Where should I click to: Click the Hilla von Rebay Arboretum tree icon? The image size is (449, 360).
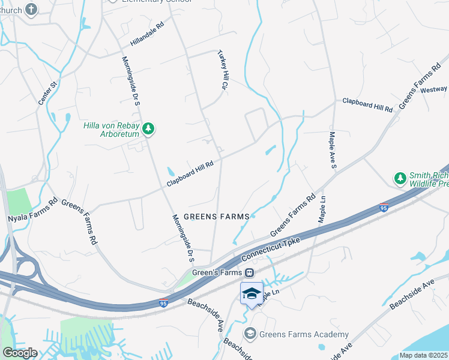click(x=148, y=128)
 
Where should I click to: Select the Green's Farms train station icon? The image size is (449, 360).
click(x=247, y=272)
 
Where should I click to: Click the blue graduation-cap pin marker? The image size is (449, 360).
click(x=252, y=293)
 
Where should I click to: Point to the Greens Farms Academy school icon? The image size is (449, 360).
click(x=250, y=334)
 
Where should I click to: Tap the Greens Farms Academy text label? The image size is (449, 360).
click(x=304, y=334)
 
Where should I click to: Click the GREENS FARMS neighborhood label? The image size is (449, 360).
click(x=216, y=217)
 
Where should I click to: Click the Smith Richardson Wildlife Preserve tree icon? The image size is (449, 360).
click(x=400, y=178)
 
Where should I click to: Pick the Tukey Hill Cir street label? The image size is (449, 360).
click(x=223, y=71)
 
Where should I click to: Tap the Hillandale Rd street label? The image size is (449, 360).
click(x=147, y=35)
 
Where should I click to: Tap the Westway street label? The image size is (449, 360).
click(x=433, y=89)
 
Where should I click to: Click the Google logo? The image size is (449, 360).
click(x=19, y=353)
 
